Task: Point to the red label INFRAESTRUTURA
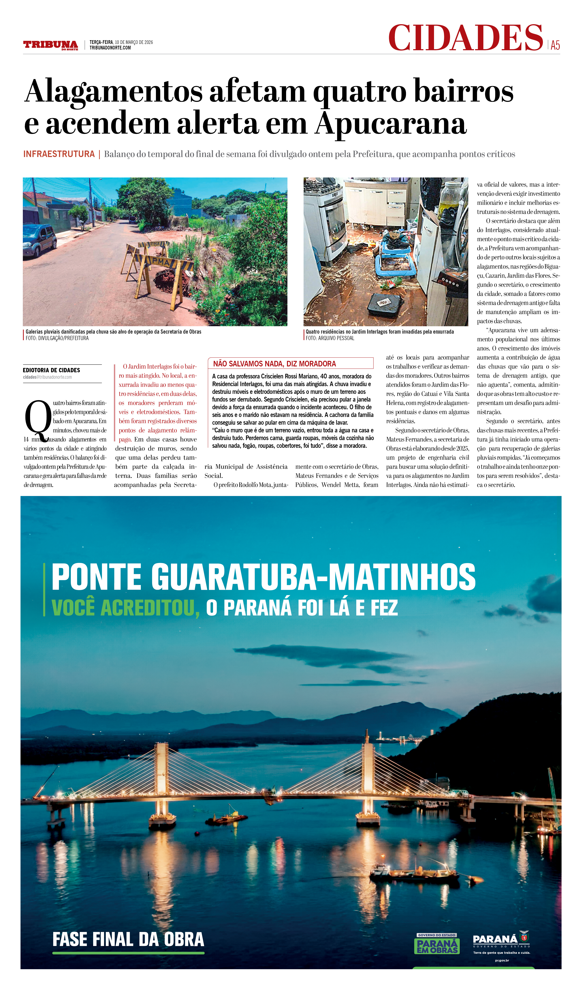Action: [59, 154]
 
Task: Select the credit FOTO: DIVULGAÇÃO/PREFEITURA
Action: [57, 338]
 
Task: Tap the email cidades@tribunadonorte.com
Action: [47, 377]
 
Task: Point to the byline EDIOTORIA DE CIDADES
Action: [51, 370]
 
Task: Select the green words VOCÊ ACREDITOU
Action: [125, 608]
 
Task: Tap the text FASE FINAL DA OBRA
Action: [128, 940]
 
